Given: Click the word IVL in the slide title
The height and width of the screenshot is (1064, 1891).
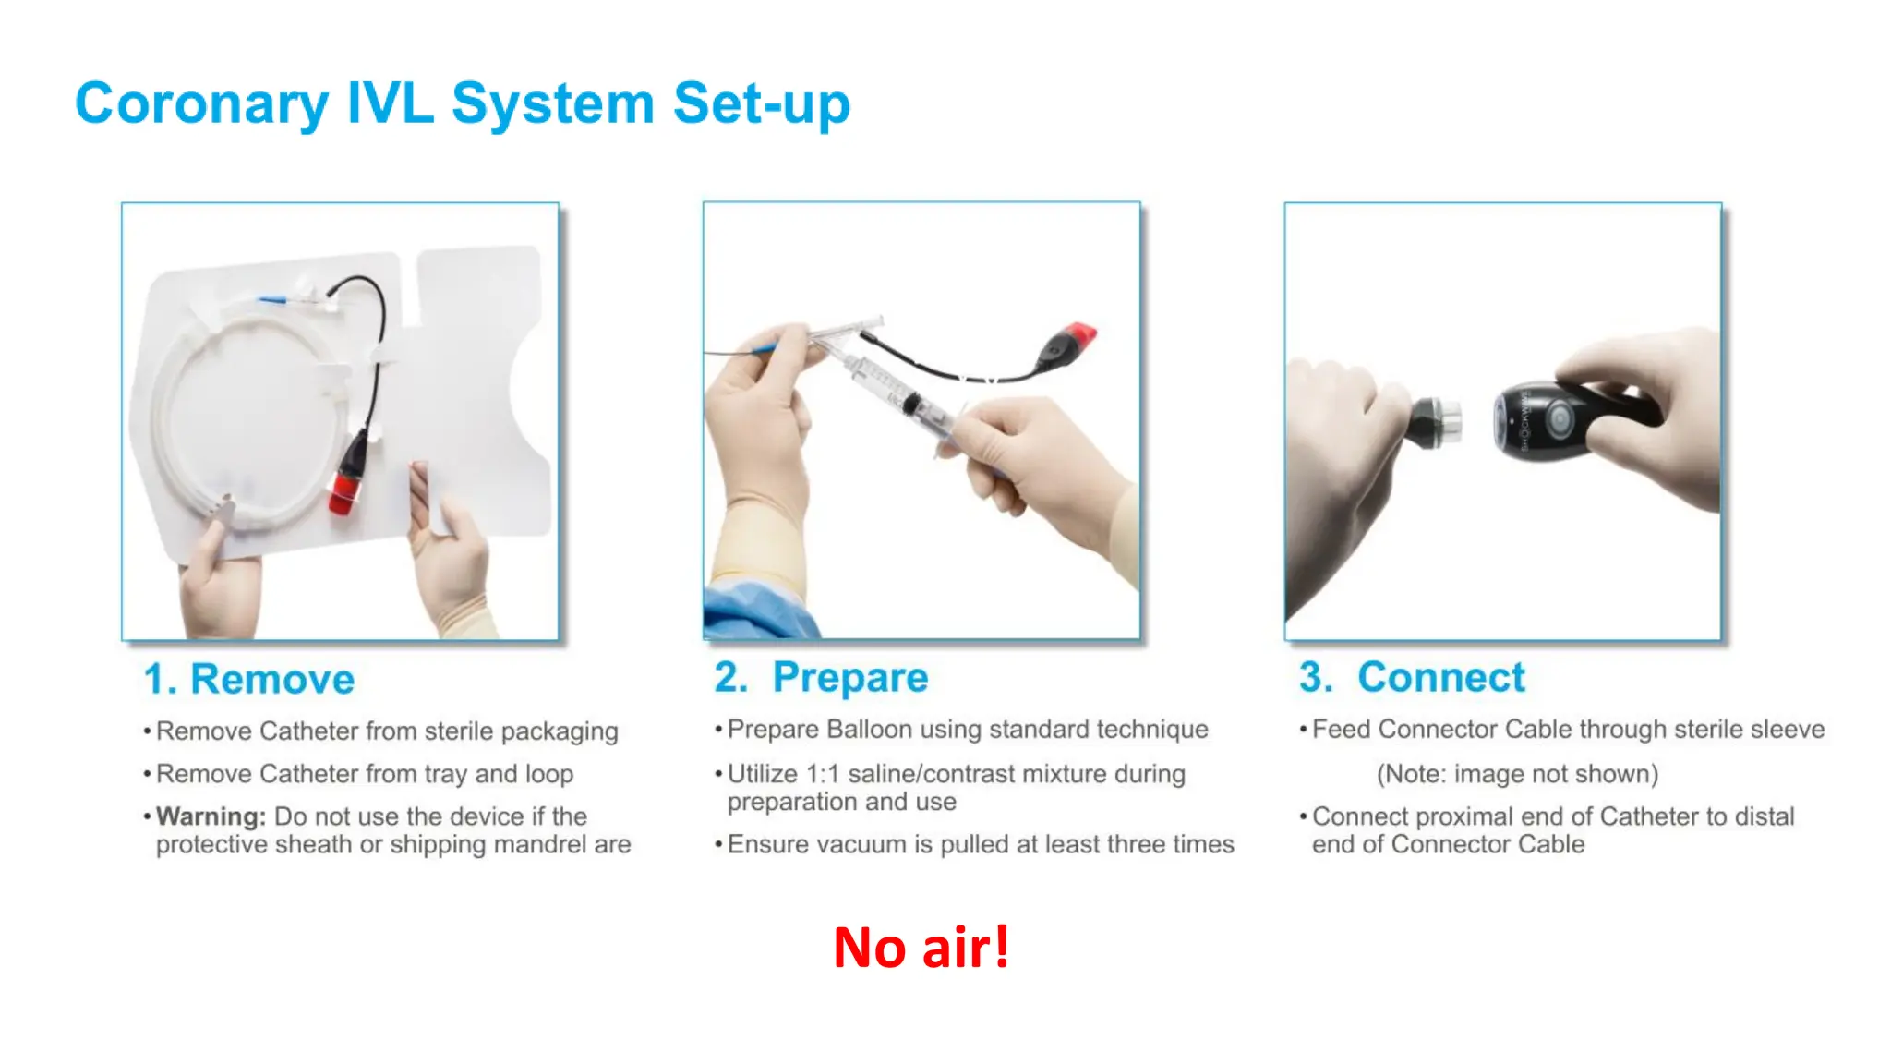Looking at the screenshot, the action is click(x=390, y=103).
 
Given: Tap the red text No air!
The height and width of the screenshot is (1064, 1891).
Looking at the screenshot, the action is click(x=921, y=948).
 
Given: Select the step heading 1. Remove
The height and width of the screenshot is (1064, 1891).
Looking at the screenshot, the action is click(x=249, y=679).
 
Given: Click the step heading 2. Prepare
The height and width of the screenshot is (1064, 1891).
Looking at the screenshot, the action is click(x=821, y=678).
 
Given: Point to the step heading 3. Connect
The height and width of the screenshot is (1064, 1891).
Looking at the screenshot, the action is click(x=1412, y=677).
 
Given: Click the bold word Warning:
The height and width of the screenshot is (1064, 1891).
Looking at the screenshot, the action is click(x=211, y=816).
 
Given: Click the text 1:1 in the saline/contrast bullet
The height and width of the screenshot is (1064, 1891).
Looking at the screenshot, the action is click(x=824, y=774).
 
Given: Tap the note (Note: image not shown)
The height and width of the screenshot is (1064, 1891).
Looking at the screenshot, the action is click(x=1517, y=774).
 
